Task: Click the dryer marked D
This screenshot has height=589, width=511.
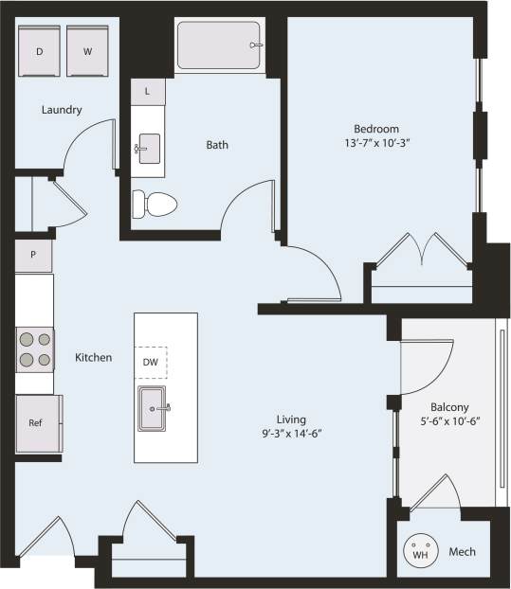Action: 40,51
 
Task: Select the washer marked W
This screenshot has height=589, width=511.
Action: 87,51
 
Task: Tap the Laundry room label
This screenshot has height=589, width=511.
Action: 62,110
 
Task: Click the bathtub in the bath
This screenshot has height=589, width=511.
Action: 219,45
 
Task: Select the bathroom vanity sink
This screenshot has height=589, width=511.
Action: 149,149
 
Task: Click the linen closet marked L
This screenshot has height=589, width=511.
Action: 148,92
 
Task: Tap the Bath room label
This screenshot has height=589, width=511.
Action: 217,145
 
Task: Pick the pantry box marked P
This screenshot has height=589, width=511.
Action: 33,255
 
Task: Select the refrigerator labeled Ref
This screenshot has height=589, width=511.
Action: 36,422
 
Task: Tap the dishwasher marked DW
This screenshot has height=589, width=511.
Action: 151,362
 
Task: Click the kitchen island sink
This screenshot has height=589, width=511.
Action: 153,408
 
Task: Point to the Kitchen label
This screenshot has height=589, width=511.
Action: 94,357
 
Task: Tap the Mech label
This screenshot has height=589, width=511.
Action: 462,552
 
